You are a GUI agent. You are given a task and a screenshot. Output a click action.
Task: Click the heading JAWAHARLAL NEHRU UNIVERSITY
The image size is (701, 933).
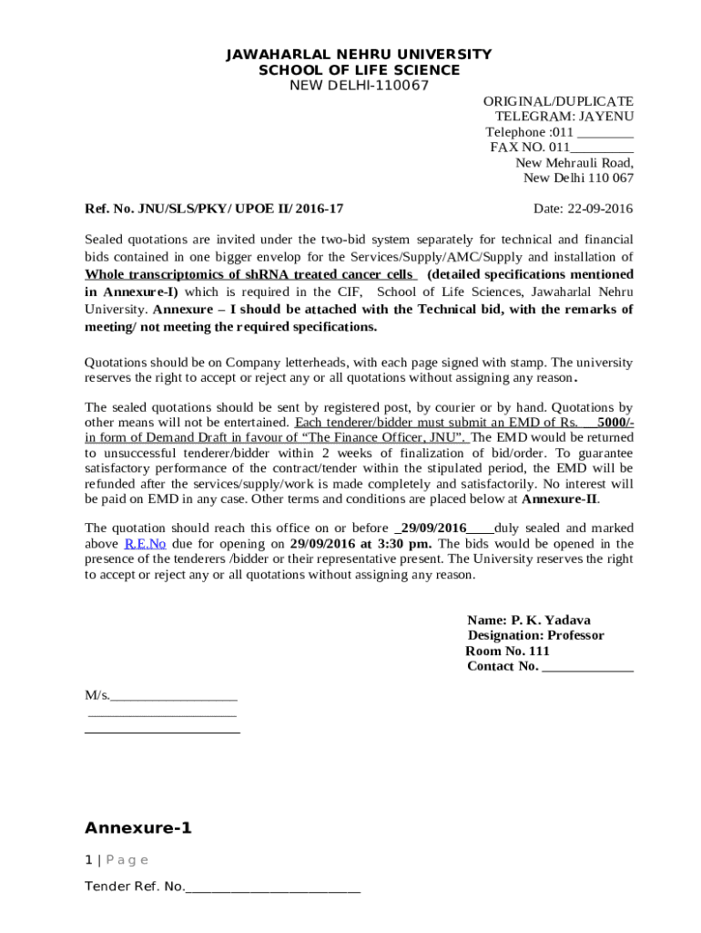pos(359,55)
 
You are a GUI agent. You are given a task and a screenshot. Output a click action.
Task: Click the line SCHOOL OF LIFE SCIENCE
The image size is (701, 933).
pos(359,70)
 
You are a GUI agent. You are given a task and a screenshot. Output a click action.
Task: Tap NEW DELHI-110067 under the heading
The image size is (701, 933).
pos(359,86)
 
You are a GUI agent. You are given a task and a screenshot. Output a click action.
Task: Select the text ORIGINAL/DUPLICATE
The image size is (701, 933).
pos(557,101)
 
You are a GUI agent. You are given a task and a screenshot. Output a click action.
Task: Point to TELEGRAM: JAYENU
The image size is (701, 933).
pos(564,117)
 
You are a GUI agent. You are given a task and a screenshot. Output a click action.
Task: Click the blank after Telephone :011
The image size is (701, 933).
pos(605,132)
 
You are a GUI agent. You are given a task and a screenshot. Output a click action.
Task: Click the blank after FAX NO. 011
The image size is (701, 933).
pos(602,148)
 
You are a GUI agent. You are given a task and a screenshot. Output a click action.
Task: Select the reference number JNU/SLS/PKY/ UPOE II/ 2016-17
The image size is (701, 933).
pos(240,209)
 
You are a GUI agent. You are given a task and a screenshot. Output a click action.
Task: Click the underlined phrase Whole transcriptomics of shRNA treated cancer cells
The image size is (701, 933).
pos(250,274)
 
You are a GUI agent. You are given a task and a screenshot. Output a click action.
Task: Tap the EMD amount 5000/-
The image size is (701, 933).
pos(615,423)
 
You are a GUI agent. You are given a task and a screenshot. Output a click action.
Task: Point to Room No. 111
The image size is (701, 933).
pos(507,651)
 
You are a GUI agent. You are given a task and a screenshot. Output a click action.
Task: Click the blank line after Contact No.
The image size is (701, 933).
pos(587,667)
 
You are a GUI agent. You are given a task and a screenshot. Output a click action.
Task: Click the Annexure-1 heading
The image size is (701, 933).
pos(138,828)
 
